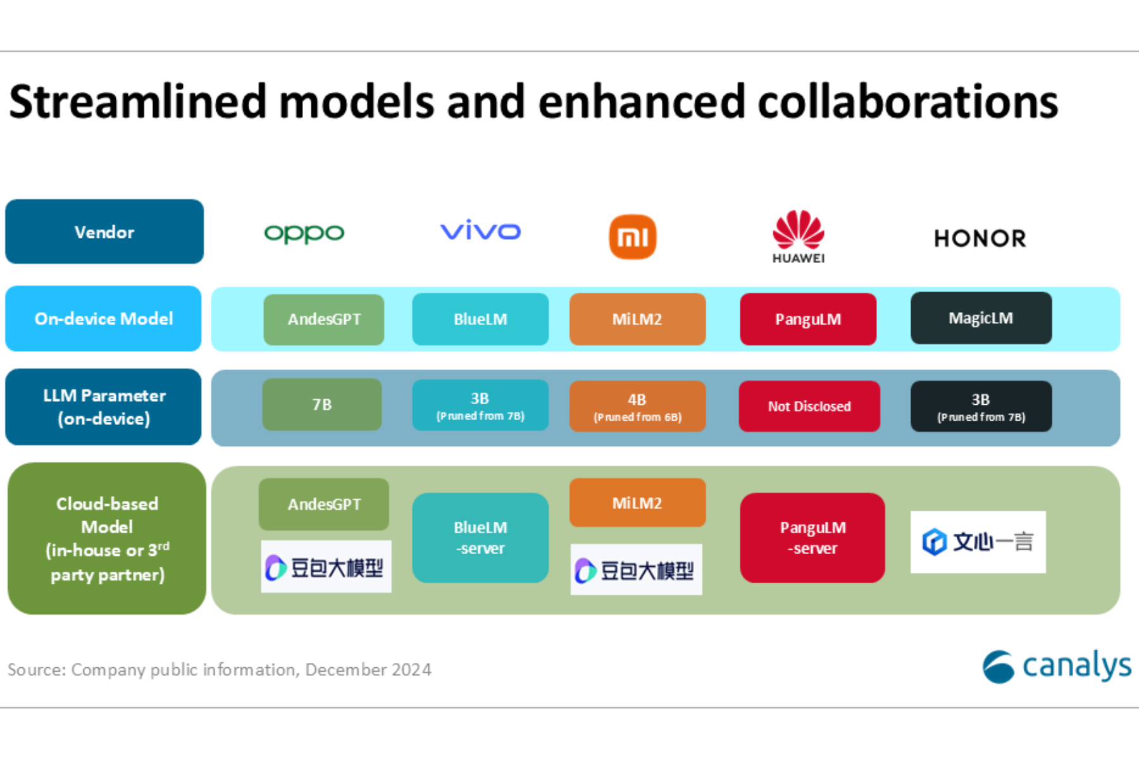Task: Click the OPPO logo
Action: point(304,233)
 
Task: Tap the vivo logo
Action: point(480,230)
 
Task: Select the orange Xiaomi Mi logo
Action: point(632,237)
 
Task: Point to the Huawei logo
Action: point(799,236)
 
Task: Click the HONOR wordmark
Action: point(980,238)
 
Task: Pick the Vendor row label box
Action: point(104,231)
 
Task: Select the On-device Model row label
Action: point(104,318)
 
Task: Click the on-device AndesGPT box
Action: point(324,319)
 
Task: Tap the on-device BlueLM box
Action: point(480,319)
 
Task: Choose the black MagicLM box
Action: point(981,318)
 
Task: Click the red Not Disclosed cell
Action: point(809,406)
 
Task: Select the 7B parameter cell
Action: point(322,405)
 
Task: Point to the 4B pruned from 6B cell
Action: point(637,406)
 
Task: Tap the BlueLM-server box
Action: point(480,538)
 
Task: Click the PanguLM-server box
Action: point(812,538)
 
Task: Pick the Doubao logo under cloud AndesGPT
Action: point(326,567)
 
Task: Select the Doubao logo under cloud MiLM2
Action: point(636,570)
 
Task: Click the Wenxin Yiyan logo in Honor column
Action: point(978,542)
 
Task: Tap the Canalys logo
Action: point(1057,667)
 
